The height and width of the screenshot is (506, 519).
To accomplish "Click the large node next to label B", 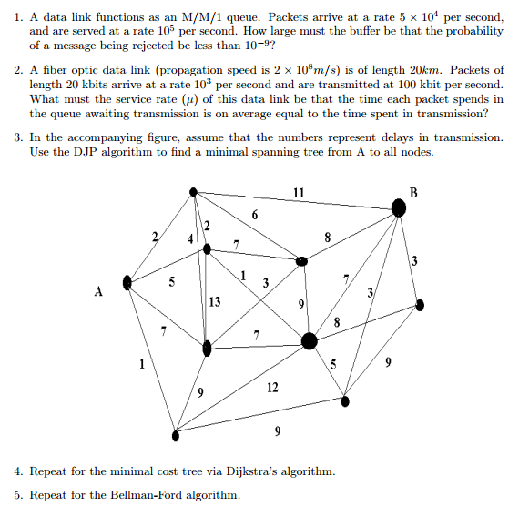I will click(398, 208).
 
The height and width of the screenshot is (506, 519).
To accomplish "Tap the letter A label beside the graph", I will click(97, 292).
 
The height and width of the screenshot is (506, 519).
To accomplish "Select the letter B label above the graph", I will click(414, 192).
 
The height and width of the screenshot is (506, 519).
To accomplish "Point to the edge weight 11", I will click(299, 192).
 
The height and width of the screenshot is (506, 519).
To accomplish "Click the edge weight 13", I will click(214, 302).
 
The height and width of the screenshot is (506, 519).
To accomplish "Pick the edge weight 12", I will click(272, 388).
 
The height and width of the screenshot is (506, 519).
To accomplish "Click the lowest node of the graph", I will click(176, 435).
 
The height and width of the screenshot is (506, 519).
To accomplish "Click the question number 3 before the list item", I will click(18, 137).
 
